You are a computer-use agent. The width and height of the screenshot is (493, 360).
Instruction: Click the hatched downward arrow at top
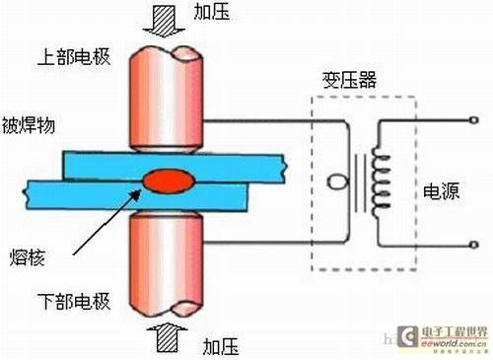pos(169,17)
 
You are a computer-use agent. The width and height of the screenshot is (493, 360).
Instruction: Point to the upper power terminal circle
pos(476,120)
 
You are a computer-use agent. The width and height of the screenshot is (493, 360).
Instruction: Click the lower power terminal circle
pos(476,243)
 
